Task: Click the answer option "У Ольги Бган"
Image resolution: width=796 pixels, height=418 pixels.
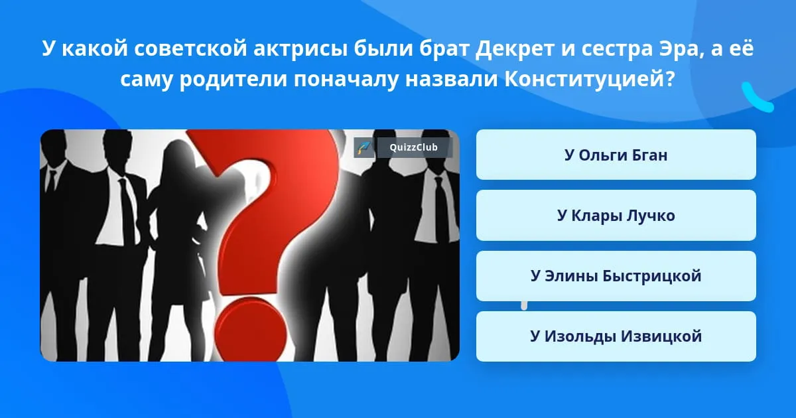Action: [x=616, y=155]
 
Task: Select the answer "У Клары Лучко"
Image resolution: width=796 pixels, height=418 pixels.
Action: [x=616, y=216]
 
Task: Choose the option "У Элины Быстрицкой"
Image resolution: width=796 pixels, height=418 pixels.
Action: [x=616, y=276]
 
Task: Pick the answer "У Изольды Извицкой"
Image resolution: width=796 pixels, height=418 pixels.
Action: [x=616, y=336]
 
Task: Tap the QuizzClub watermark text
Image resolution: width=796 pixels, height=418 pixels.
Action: [x=413, y=147]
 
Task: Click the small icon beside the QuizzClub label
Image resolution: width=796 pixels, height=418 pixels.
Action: [x=364, y=147]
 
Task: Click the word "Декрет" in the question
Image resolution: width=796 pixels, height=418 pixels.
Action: [x=515, y=48]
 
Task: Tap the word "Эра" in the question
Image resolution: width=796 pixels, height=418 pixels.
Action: [x=679, y=48]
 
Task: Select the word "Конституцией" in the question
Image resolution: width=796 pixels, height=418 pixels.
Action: [x=589, y=79]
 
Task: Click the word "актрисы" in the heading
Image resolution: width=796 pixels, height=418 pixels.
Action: [x=300, y=49]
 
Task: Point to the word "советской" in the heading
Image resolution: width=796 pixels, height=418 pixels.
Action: [x=190, y=48]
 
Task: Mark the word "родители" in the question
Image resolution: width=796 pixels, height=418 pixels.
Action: [x=233, y=80]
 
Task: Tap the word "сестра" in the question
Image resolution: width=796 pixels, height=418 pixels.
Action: [x=616, y=49]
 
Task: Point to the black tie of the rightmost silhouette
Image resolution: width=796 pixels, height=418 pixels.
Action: [x=441, y=210]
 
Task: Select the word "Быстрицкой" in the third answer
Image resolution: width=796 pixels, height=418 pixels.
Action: [x=652, y=276]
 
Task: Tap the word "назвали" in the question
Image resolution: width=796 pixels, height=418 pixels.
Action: [x=452, y=80]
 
